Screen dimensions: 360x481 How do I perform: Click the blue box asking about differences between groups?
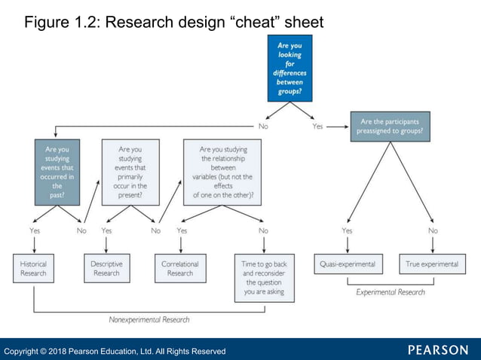(290, 69)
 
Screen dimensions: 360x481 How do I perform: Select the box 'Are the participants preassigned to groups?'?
(389, 126)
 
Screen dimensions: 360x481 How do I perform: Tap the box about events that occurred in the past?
(57, 172)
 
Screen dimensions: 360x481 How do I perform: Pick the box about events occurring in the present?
(130, 172)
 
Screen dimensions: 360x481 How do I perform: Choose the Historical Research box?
(33, 269)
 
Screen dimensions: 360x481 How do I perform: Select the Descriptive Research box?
(106, 269)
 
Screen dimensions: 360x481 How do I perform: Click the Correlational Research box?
(179, 269)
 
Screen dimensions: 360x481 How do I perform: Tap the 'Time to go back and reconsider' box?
(263, 278)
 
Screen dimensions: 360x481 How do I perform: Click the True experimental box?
(432, 264)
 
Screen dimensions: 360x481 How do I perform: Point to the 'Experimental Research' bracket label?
(390, 292)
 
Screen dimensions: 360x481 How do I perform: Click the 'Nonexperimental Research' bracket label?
(149, 319)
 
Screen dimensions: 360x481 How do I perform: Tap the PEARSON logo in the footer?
(438, 350)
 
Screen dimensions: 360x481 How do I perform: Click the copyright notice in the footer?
(115, 351)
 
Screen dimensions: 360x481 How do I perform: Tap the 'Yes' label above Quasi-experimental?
(347, 230)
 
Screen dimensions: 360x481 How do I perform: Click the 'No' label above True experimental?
(433, 230)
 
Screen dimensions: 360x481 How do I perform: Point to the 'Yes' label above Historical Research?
(35, 230)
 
